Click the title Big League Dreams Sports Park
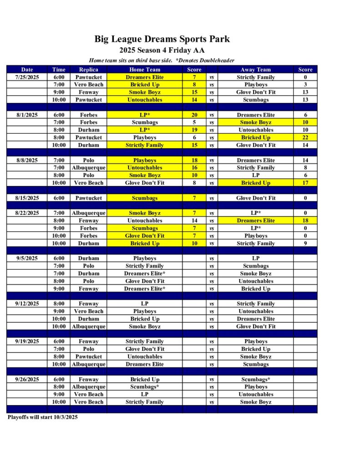(x=162, y=39)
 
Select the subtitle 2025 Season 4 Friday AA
(x=162, y=51)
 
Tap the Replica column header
(x=88, y=70)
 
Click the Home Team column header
(x=145, y=70)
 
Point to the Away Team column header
(x=255, y=70)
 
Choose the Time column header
(x=59, y=70)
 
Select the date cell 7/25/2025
(x=27, y=77)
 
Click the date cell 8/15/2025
(x=27, y=198)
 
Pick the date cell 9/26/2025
(x=27, y=380)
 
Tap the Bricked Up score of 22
(x=305, y=137)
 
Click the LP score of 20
(x=194, y=115)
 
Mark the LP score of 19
(x=194, y=130)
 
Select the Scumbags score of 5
(x=194, y=122)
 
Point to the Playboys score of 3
(x=305, y=85)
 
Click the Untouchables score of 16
(x=194, y=168)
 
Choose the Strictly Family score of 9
(x=305, y=243)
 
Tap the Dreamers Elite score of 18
(x=305, y=221)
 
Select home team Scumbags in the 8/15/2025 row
(x=145, y=198)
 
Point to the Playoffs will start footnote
(x=42, y=417)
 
